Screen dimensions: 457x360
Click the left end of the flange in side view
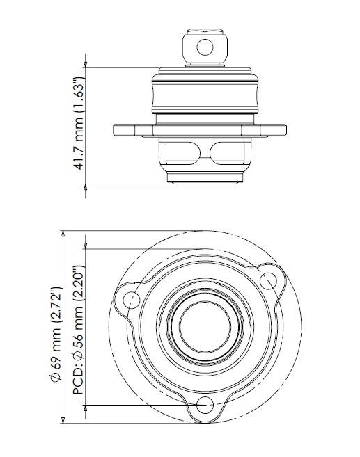(116, 129)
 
